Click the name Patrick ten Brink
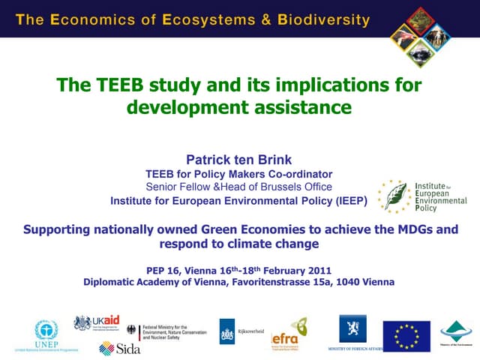point(238,159)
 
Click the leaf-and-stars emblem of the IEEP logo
point(392,195)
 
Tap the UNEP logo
point(46,334)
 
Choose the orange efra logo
point(289,332)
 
